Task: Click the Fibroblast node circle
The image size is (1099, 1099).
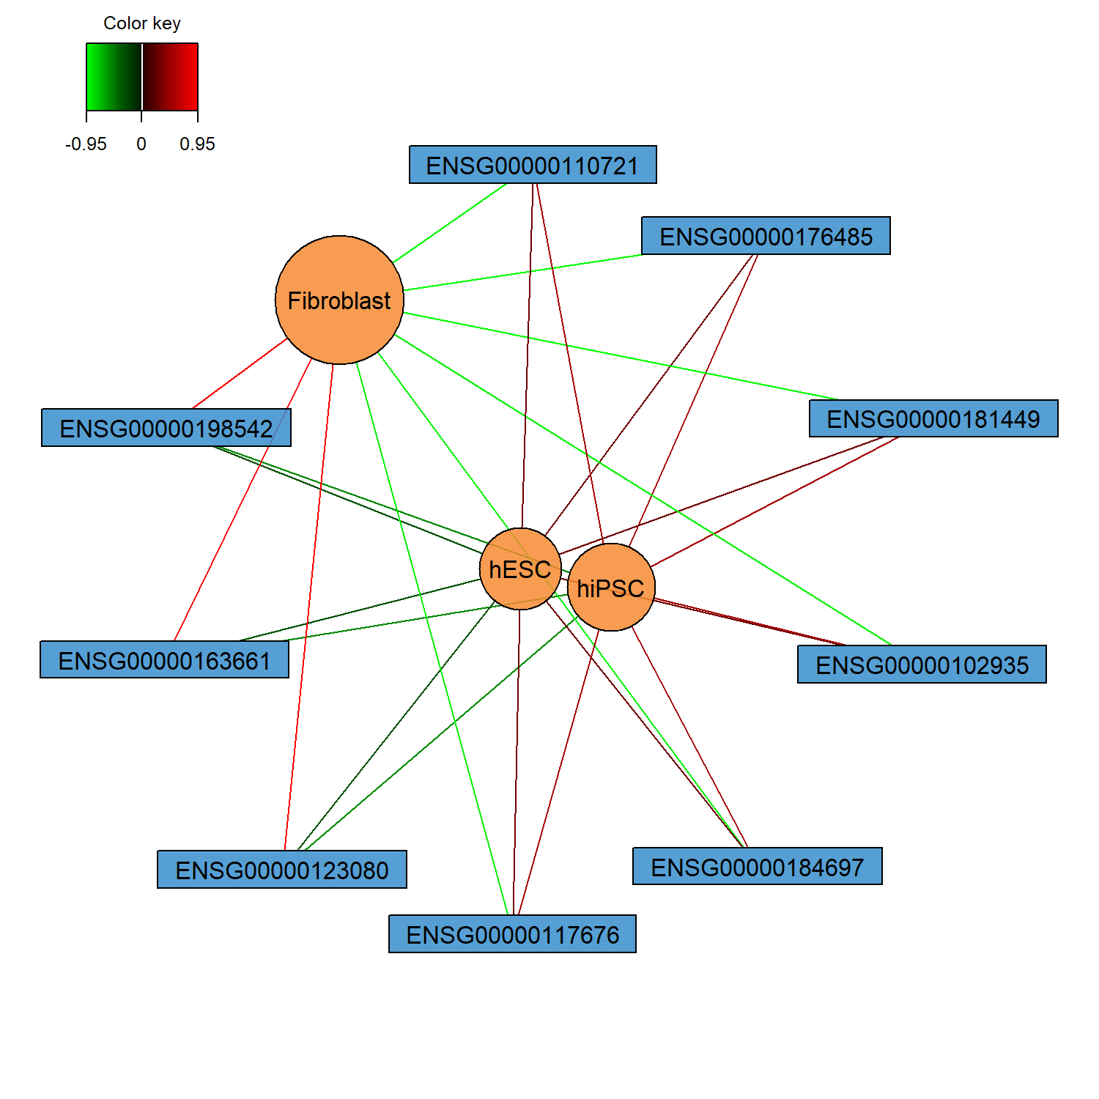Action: pyautogui.click(x=339, y=300)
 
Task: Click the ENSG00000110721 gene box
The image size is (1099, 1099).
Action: pyautogui.click(x=533, y=165)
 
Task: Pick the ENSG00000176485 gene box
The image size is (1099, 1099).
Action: pyautogui.click(x=766, y=236)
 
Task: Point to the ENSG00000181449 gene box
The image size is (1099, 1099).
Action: pyautogui.click(x=933, y=418)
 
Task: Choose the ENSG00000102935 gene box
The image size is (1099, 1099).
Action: pyautogui.click(x=922, y=665)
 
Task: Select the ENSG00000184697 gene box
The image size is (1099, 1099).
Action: pyautogui.click(x=757, y=867)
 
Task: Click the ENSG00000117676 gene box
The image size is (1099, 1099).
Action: pyautogui.click(x=512, y=934)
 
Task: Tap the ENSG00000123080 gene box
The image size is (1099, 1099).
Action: pyautogui.click(x=282, y=870)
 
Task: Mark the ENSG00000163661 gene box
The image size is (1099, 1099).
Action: pyautogui.click(x=164, y=660)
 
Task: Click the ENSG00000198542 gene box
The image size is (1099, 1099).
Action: pyautogui.click(x=166, y=428)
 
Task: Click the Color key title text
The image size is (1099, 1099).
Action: pyautogui.click(x=142, y=23)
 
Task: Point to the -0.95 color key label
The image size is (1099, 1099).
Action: pyautogui.click(x=86, y=144)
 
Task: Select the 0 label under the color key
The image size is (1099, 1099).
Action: pyautogui.click(x=141, y=144)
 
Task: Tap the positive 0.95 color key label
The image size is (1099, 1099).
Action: pyautogui.click(x=197, y=144)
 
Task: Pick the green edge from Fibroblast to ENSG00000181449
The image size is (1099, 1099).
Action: pyautogui.click(x=623, y=357)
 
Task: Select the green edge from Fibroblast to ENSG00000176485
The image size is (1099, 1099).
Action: pyautogui.click(x=524, y=273)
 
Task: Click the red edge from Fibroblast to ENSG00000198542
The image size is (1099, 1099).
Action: pyautogui.click(x=240, y=374)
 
